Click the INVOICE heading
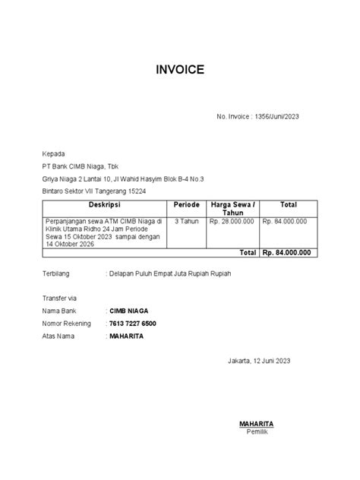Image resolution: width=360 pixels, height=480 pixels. (x=180, y=70)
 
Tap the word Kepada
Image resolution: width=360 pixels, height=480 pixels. (x=54, y=153)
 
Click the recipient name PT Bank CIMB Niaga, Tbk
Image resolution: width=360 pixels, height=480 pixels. (x=81, y=166)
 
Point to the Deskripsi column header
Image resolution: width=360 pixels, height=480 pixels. (x=104, y=205)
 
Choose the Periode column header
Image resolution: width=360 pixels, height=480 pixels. (x=186, y=205)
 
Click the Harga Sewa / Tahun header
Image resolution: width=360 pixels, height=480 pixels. (x=233, y=209)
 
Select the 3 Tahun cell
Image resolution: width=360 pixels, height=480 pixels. (x=186, y=221)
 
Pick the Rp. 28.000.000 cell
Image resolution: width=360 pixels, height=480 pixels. (x=233, y=221)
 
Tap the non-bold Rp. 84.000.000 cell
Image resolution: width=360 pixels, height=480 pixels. (x=284, y=221)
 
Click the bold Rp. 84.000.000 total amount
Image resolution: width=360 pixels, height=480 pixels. (x=286, y=253)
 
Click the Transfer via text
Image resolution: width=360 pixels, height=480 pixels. (x=59, y=298)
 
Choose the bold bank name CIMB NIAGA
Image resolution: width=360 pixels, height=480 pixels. (x=128, y=311)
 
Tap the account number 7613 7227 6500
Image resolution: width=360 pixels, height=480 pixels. (x=133, y=324)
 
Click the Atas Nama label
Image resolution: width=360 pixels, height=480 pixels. (x=58, y=336)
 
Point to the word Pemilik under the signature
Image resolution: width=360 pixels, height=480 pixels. (x=256, y=431)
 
